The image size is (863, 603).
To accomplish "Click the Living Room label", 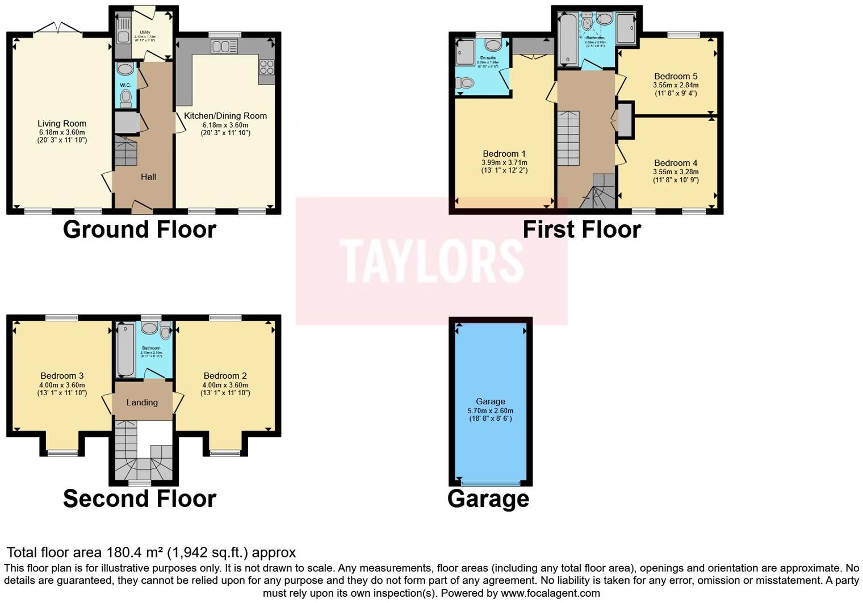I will tap(62, 123).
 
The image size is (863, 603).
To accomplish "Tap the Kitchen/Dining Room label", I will tap(225, 116).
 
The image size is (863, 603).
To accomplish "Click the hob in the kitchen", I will tap(266, 67).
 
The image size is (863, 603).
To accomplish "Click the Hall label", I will tap(148, 177).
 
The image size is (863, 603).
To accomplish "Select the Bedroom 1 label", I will tap(504, 153).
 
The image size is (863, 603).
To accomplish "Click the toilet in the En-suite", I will tap(465, 83).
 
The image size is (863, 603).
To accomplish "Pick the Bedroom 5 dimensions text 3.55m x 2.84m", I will tap(675, 85).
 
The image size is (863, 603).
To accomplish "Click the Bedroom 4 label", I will tap(675, 163).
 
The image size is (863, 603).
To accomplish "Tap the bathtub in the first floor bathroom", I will tap(567, 40).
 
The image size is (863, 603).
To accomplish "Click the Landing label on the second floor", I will tap(142, 402).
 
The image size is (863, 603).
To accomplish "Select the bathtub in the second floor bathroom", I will tap(125, 349).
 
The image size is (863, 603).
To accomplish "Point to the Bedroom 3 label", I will tap(62, 375).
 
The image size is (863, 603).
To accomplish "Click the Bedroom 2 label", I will tap(225, 375).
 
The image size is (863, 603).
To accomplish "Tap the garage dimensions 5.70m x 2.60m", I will tap(490, 411).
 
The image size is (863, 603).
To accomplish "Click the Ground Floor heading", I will tap(139, 229).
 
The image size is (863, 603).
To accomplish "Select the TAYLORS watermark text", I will tap(431, 261).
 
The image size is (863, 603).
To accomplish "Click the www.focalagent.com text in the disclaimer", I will tap(550, 593).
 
